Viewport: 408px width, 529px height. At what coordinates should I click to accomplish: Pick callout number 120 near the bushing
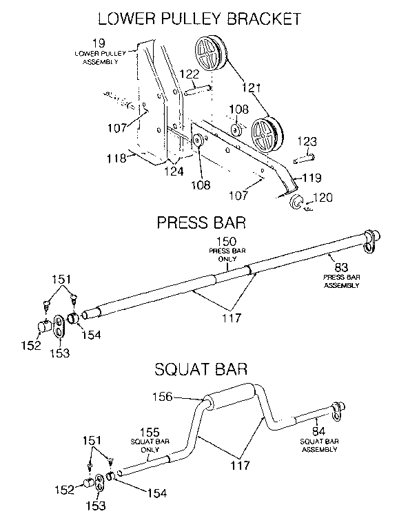pos(323,199)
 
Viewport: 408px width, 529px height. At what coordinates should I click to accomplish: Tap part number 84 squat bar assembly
pos(318,432)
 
